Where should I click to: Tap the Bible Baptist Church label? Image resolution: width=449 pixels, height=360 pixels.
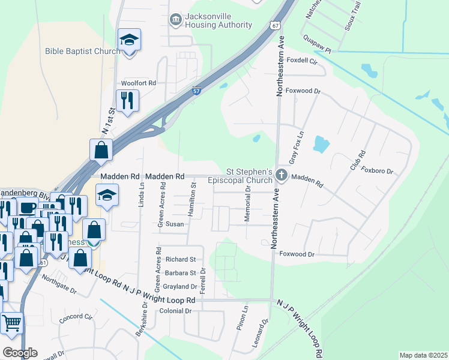coord(83,52)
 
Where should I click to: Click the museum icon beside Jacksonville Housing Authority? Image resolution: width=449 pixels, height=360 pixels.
coord(175,20)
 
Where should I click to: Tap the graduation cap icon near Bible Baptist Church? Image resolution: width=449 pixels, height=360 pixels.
coord(129,40)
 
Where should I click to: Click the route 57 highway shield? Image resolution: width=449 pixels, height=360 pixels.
coord(197,91)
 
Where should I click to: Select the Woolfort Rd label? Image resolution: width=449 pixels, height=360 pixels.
coord(138,83)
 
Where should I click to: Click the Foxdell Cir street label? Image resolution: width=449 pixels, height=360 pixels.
coord(302,61)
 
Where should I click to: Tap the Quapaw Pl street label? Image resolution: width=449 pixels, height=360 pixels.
coord(320,51)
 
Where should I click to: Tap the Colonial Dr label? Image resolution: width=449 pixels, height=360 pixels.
coord(175,311)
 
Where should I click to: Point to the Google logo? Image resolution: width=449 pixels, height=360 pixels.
coord(20,353)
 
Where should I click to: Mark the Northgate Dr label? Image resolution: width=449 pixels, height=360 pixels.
coord(59,285)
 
